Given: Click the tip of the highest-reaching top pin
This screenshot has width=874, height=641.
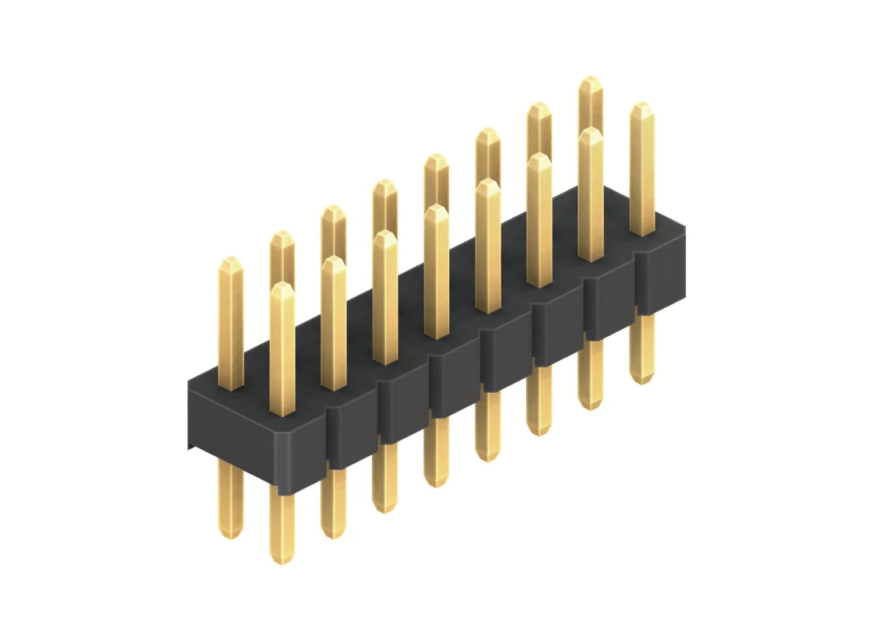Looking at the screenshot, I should (590, 79).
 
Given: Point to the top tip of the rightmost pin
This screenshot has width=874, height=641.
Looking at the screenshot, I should (642, 105).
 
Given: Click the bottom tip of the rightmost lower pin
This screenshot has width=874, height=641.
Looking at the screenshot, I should (641, 382).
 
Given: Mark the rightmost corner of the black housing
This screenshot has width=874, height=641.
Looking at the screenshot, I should (685, 256).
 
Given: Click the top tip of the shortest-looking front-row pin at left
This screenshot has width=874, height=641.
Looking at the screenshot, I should (282, 286).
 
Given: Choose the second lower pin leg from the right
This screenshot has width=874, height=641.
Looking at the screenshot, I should (590, 373).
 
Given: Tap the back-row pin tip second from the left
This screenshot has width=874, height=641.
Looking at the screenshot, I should (282, 234).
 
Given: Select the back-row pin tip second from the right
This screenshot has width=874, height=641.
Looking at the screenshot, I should (539, 105).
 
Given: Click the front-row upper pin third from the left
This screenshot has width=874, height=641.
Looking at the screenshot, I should (385, 297).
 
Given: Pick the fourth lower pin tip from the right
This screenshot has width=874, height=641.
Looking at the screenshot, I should (488, 458).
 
